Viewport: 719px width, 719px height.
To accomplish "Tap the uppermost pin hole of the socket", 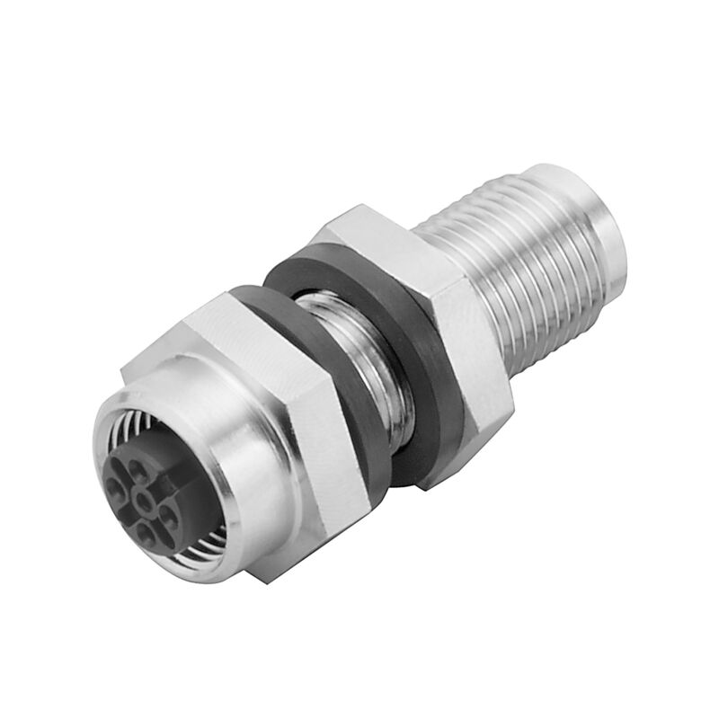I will click(x=138, y=467).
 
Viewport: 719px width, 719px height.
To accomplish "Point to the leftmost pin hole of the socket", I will click(x=114, y=488).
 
